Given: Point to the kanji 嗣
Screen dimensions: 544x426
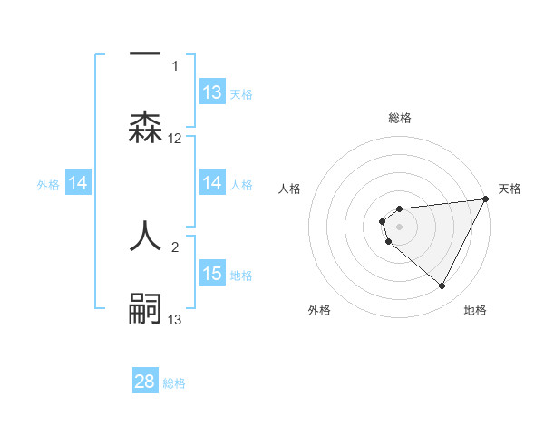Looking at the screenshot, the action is coord(145,307).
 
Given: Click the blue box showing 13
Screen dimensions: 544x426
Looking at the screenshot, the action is coord(212,92).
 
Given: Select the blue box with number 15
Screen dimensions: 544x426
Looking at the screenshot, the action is coord(212,274).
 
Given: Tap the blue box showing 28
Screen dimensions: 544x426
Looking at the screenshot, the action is coord(145,382).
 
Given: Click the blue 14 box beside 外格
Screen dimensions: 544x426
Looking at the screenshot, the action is coord(78,184).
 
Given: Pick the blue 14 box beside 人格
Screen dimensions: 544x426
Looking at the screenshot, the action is coord(212,184).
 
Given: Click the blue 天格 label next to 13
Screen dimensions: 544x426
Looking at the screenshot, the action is coord(241,93).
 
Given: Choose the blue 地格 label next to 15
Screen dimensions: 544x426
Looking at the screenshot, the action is coord(241,275).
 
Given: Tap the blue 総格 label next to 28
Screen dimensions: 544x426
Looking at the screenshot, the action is coord(174,382).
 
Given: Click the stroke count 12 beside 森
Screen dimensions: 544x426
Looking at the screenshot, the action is coord(175,139).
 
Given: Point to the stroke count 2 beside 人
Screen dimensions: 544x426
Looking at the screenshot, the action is coord(175,246).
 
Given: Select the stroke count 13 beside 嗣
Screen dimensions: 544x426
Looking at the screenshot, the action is coord(175,319).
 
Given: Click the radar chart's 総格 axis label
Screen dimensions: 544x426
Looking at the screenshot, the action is coord(400,118).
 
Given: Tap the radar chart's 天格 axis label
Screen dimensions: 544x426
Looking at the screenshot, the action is coord(510,189).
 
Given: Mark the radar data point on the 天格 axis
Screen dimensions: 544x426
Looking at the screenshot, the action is coord(486,199).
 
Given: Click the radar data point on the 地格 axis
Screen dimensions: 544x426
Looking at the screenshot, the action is coord(442,286).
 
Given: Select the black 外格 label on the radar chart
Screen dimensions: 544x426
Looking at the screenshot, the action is coord(319,310).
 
